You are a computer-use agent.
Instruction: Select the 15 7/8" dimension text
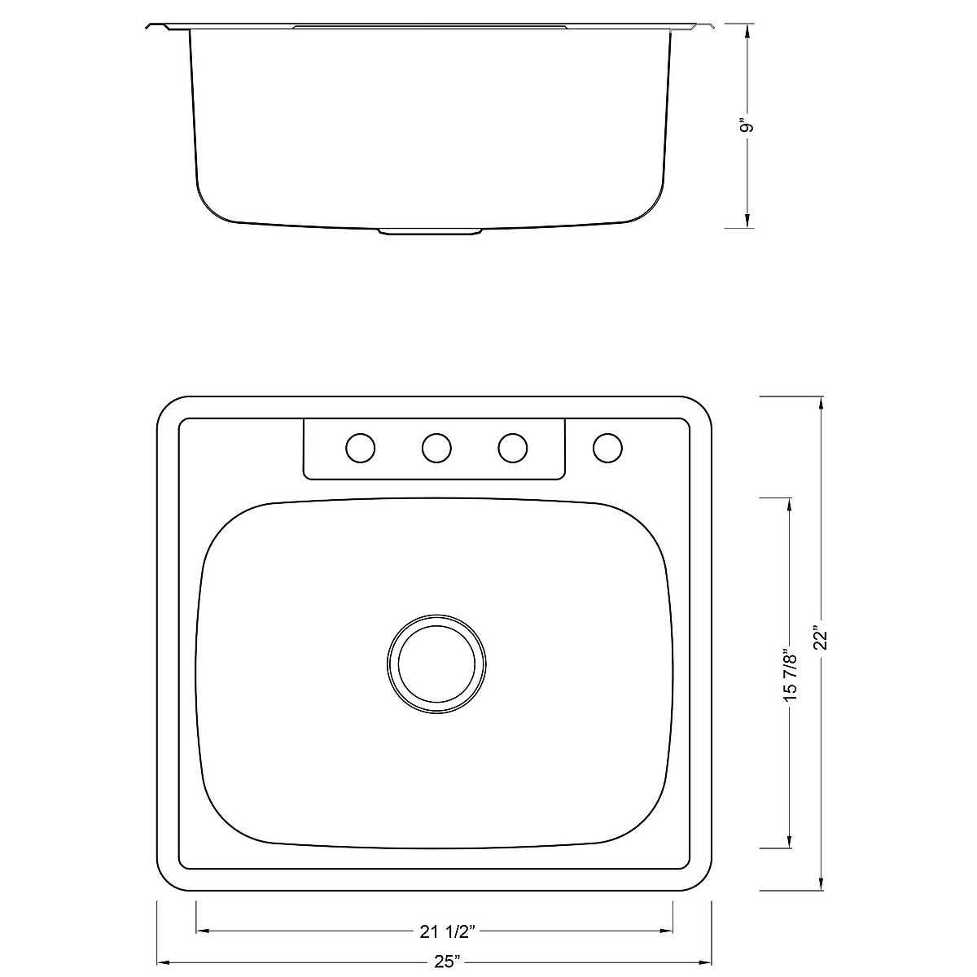click(x=788, y=674)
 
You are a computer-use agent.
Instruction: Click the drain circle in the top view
click(x=436, y=659)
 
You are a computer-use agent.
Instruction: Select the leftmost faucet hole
click(x=361, y=448)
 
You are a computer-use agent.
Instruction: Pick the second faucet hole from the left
click(x=436, y=447)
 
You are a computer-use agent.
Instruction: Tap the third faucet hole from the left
click(x=512, y=447)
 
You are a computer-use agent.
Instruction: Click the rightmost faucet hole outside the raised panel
click(x=608, y=447)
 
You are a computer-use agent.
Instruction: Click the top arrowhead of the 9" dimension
click(x=748, y=31)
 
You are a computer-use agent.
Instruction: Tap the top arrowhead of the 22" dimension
click(x=822, y=402)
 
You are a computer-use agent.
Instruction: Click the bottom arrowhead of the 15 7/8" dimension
click(x=788, y=843)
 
